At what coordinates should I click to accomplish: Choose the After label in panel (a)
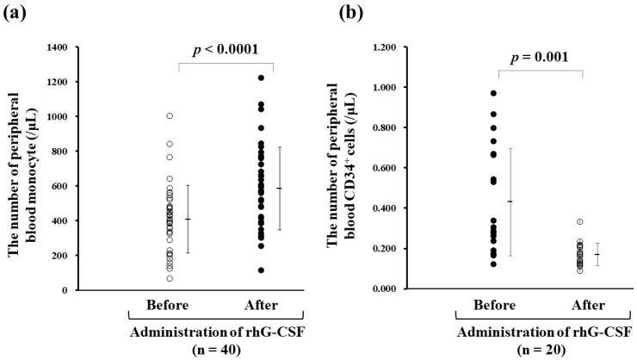[x=260, y=306]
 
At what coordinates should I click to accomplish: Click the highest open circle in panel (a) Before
[x=170, y=115]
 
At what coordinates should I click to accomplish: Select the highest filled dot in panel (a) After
[x=260, y=78]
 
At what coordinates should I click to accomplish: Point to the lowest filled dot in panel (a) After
[x=260, y=270]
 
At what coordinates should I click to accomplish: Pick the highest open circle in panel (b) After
[x=579, y=221]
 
